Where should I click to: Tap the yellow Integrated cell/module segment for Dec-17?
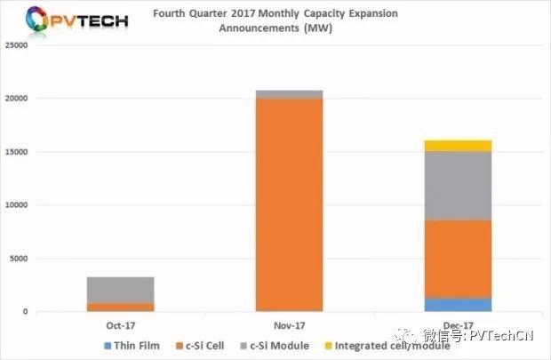click(459, 146)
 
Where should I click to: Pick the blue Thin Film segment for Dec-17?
click(459, 305)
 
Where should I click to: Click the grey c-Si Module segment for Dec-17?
click(459, 186)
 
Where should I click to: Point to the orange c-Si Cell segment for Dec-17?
click(459, 259)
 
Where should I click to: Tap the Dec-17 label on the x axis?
click(459, 326)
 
